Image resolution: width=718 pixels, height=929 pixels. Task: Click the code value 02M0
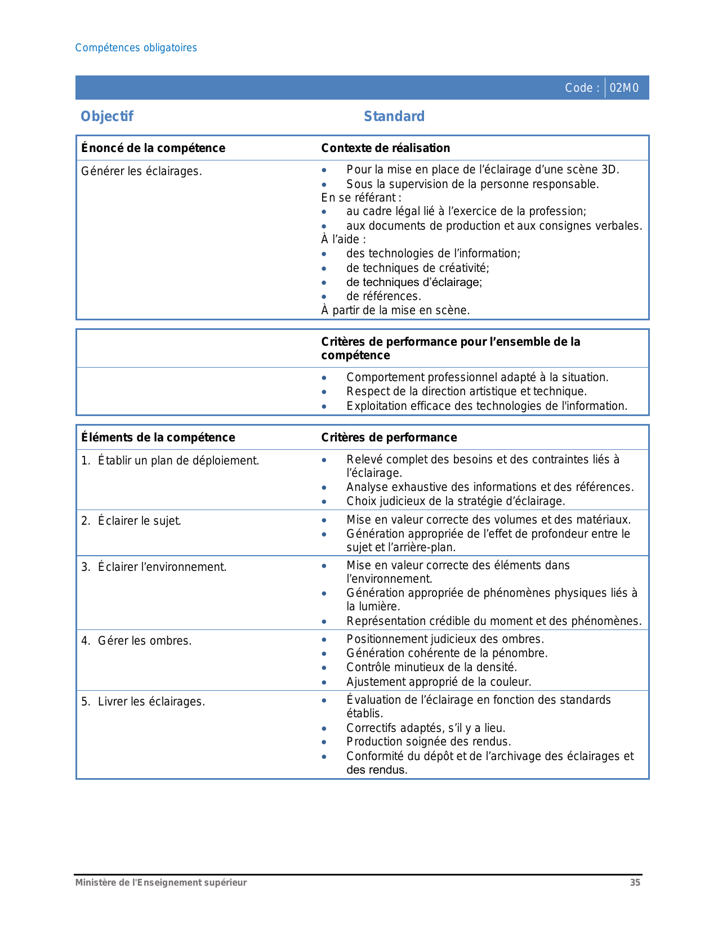624,88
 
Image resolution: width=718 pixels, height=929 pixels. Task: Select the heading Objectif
107,117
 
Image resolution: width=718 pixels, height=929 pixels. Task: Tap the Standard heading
394,117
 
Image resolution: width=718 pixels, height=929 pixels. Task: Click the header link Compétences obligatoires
136,48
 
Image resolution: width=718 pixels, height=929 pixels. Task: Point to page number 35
635,883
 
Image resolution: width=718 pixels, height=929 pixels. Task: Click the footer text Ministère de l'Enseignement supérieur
161,883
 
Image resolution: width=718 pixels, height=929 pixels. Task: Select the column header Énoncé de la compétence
153,148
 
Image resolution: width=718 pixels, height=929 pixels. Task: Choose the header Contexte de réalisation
386,148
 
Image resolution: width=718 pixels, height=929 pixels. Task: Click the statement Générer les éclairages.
141,171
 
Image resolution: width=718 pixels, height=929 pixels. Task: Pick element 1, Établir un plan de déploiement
170,461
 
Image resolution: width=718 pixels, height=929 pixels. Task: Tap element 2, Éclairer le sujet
131,521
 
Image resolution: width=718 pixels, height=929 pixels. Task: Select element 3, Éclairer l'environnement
154,567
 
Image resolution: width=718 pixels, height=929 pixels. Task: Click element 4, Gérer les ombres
136,641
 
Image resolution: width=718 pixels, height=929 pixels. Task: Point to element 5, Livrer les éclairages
143,702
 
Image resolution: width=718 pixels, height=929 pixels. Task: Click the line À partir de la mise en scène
395,310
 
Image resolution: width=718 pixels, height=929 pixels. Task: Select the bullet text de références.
383,296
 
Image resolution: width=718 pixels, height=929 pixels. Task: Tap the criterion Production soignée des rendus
429,742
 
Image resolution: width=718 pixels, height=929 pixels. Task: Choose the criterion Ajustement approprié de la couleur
439,682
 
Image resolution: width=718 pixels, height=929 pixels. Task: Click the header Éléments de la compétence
158,437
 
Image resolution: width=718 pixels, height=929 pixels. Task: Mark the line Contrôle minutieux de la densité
431,667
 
